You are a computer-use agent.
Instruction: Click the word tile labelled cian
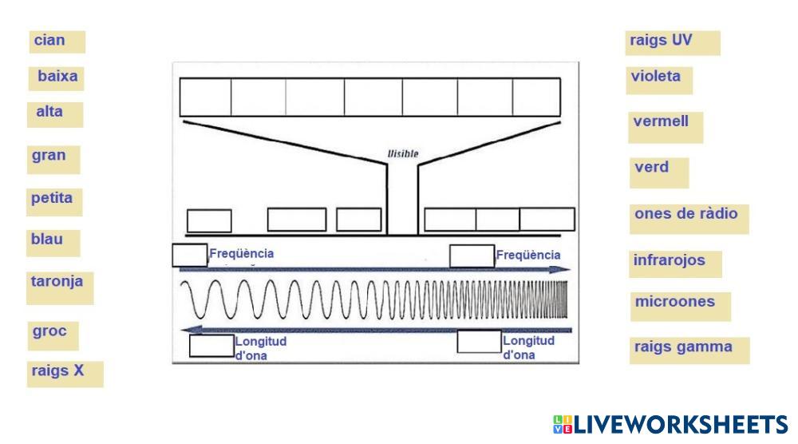point(57,41)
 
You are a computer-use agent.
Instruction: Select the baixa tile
point(57,77)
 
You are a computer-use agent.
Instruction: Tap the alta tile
point(55,113)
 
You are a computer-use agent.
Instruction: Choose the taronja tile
point(59,286)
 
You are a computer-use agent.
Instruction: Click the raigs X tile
point(64,372)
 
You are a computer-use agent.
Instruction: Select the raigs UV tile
point(673,42)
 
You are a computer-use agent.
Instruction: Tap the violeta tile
point(659,79)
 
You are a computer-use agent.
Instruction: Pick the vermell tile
point(665,125)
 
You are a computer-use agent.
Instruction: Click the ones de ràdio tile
point(689,217)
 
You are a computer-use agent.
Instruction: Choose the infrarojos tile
point(674,263)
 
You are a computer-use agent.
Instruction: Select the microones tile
point(679,304)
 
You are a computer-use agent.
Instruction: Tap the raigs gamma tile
point(689,349)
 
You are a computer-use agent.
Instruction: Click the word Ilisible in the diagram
point(402,153)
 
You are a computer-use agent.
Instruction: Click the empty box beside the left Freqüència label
point(189,255)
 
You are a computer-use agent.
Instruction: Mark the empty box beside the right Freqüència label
point(472,256)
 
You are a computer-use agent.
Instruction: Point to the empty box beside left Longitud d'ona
point(211,346)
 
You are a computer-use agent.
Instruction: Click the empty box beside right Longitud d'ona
point(479,342)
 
